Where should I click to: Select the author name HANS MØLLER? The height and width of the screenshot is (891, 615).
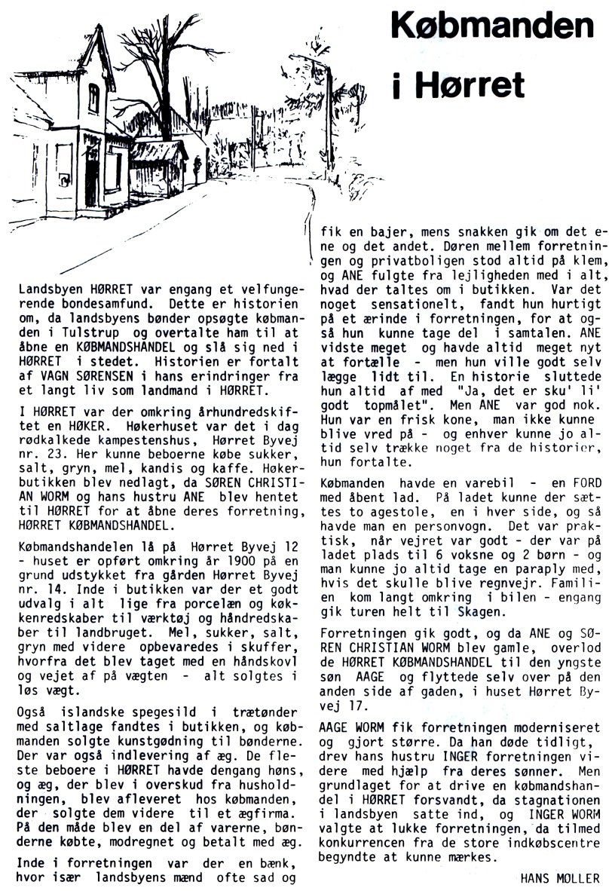pyautogui.click(x=561, y=877)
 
